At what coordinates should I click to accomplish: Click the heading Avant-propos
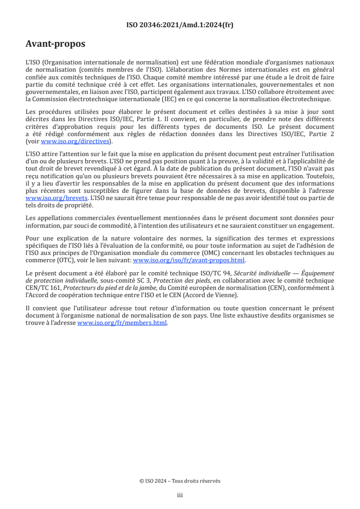coord(55,44)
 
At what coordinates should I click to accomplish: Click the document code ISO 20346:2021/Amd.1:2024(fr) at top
coord(180,25)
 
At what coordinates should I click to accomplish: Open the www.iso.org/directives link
coord(75,141)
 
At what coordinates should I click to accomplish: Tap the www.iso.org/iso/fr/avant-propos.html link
coord(188,260)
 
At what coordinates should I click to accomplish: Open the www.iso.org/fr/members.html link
coord(123,323)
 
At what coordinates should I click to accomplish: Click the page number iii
coord(180,495)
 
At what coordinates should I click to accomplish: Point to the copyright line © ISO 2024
coord(180,481)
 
